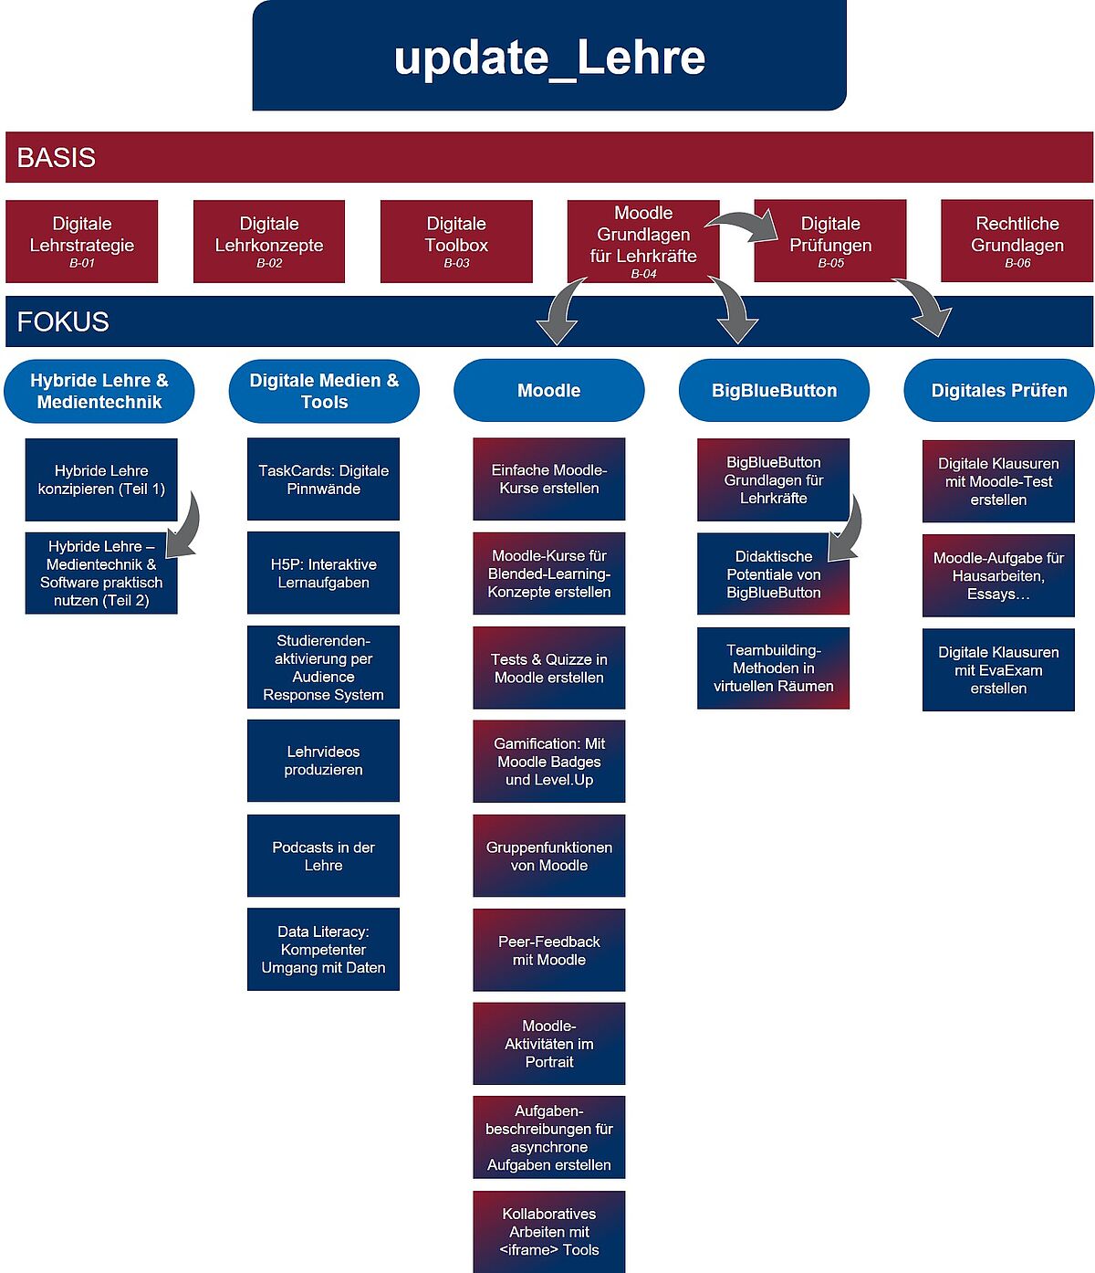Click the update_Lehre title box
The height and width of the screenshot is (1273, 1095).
tap(549, 57)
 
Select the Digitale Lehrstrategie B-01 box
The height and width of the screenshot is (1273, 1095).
tap(81, 241)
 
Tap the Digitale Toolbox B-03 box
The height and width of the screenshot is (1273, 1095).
tap(456, 241)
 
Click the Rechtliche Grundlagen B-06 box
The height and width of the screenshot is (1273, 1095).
tap(1017, 241)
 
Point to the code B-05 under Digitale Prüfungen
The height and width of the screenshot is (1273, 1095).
tap(830, 263)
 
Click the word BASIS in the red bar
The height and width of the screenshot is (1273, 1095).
tap(57, 157)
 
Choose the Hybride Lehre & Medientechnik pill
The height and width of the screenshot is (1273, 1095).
tap(99, 391)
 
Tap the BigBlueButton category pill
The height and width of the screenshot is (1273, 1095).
tap(774, 391)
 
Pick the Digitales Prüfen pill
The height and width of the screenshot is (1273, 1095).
tap(998, 391)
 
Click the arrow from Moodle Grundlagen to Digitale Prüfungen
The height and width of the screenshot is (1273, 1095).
tap(744, 225)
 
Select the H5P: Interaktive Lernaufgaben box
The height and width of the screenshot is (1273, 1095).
tap(323, 573)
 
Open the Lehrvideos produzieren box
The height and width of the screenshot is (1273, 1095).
tap(323, 761)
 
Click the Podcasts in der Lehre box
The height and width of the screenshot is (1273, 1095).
tap(323, 856)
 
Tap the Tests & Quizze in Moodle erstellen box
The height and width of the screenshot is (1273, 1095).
tap(548, 668)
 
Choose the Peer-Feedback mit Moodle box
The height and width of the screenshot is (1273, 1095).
tap(548, 950)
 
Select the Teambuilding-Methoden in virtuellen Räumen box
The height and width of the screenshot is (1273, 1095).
tap(773, 668)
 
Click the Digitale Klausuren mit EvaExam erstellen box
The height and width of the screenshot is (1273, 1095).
tap(998, 669)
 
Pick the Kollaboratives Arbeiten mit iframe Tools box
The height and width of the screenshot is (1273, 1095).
tap(548, 1231)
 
